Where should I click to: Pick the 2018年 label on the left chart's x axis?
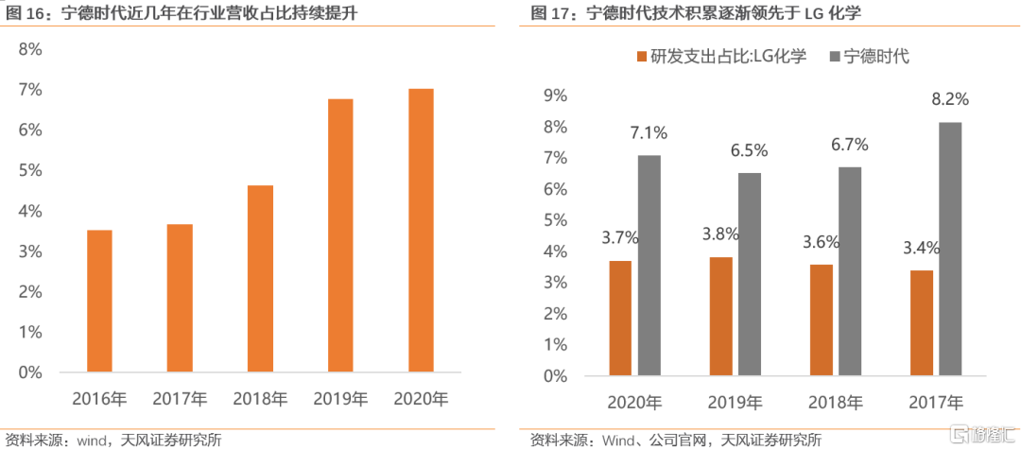tap(260, 399)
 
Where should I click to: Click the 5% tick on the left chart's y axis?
tap(31, 170)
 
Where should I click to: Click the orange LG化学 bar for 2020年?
tap(620, 318)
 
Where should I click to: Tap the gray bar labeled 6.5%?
tap(749, 274)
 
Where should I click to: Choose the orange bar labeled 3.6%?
tap(822, 320)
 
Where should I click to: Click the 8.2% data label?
tap(950, 99)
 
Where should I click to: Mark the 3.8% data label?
tap(720, 234)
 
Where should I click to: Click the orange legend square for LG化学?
tap(643, 58)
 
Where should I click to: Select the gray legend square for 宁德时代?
tap(832, 58)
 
